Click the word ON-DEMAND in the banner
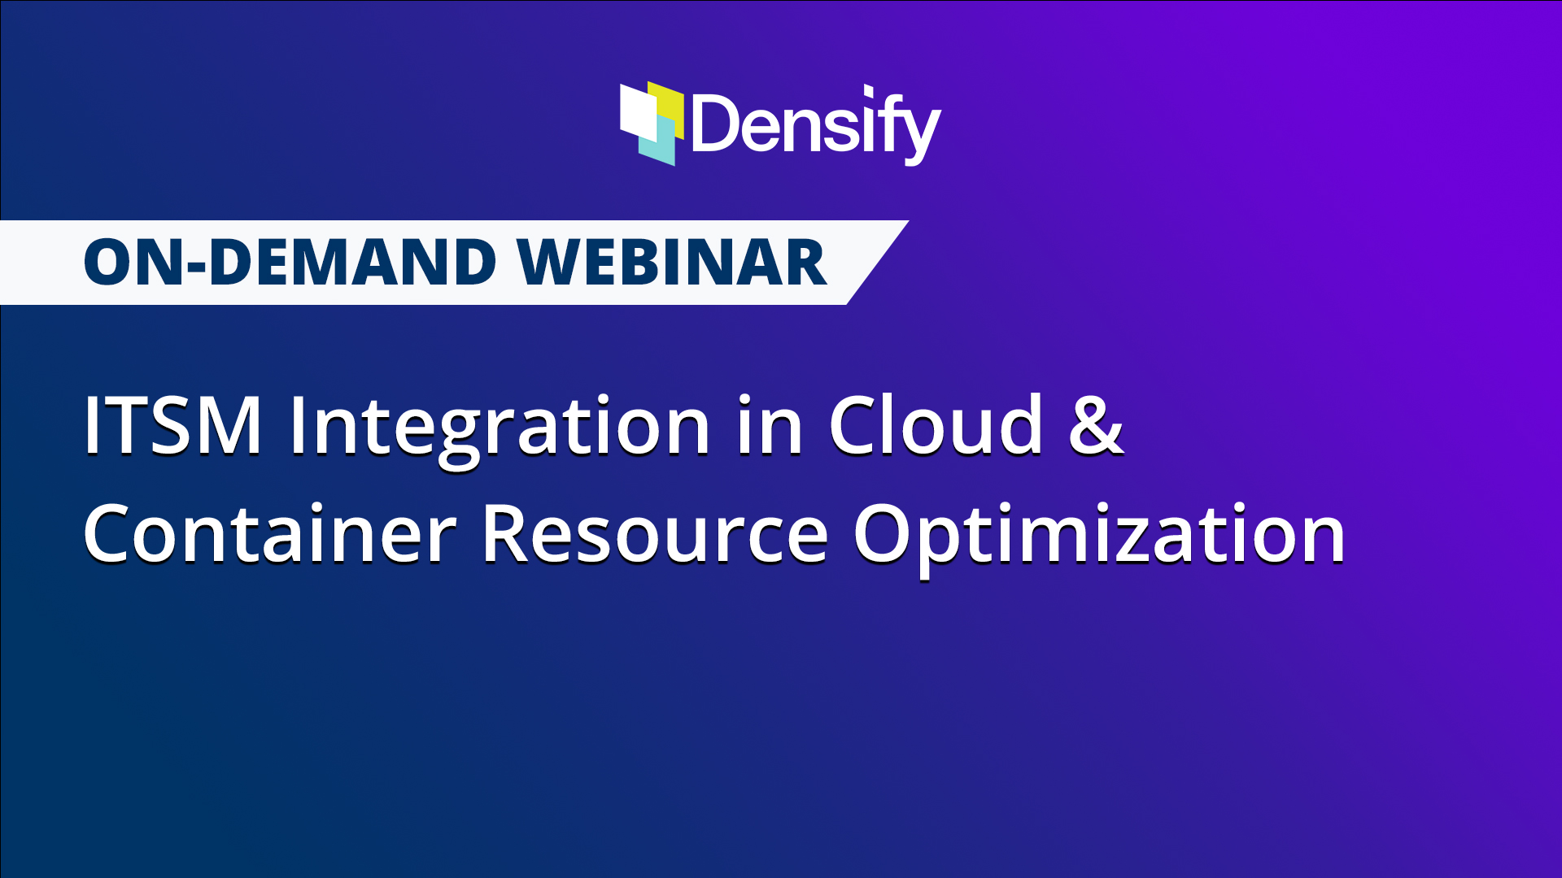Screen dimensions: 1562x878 [290, 263]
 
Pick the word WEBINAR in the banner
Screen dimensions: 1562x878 [673, 263]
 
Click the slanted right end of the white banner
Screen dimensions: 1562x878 [878, 263]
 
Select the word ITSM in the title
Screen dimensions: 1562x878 [172, 424]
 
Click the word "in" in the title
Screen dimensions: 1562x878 [770, 424]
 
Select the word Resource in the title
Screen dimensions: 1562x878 [655, 533]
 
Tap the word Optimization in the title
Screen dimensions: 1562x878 [1099, 537]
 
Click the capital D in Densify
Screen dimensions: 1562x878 [713, 123]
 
